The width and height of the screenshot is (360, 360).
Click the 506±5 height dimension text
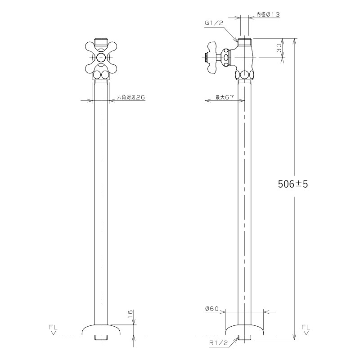click(293, 184)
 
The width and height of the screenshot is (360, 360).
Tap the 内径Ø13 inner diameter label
click(268, 15)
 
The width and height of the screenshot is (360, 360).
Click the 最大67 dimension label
click(225, 97)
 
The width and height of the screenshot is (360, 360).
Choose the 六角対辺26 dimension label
click(131, 97)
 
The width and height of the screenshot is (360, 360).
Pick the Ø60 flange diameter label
click(212, 309)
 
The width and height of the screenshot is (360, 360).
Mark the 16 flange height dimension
click(130, 314)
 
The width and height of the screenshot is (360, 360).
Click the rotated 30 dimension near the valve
click(279, 48)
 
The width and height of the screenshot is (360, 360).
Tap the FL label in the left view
click(53, 327)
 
